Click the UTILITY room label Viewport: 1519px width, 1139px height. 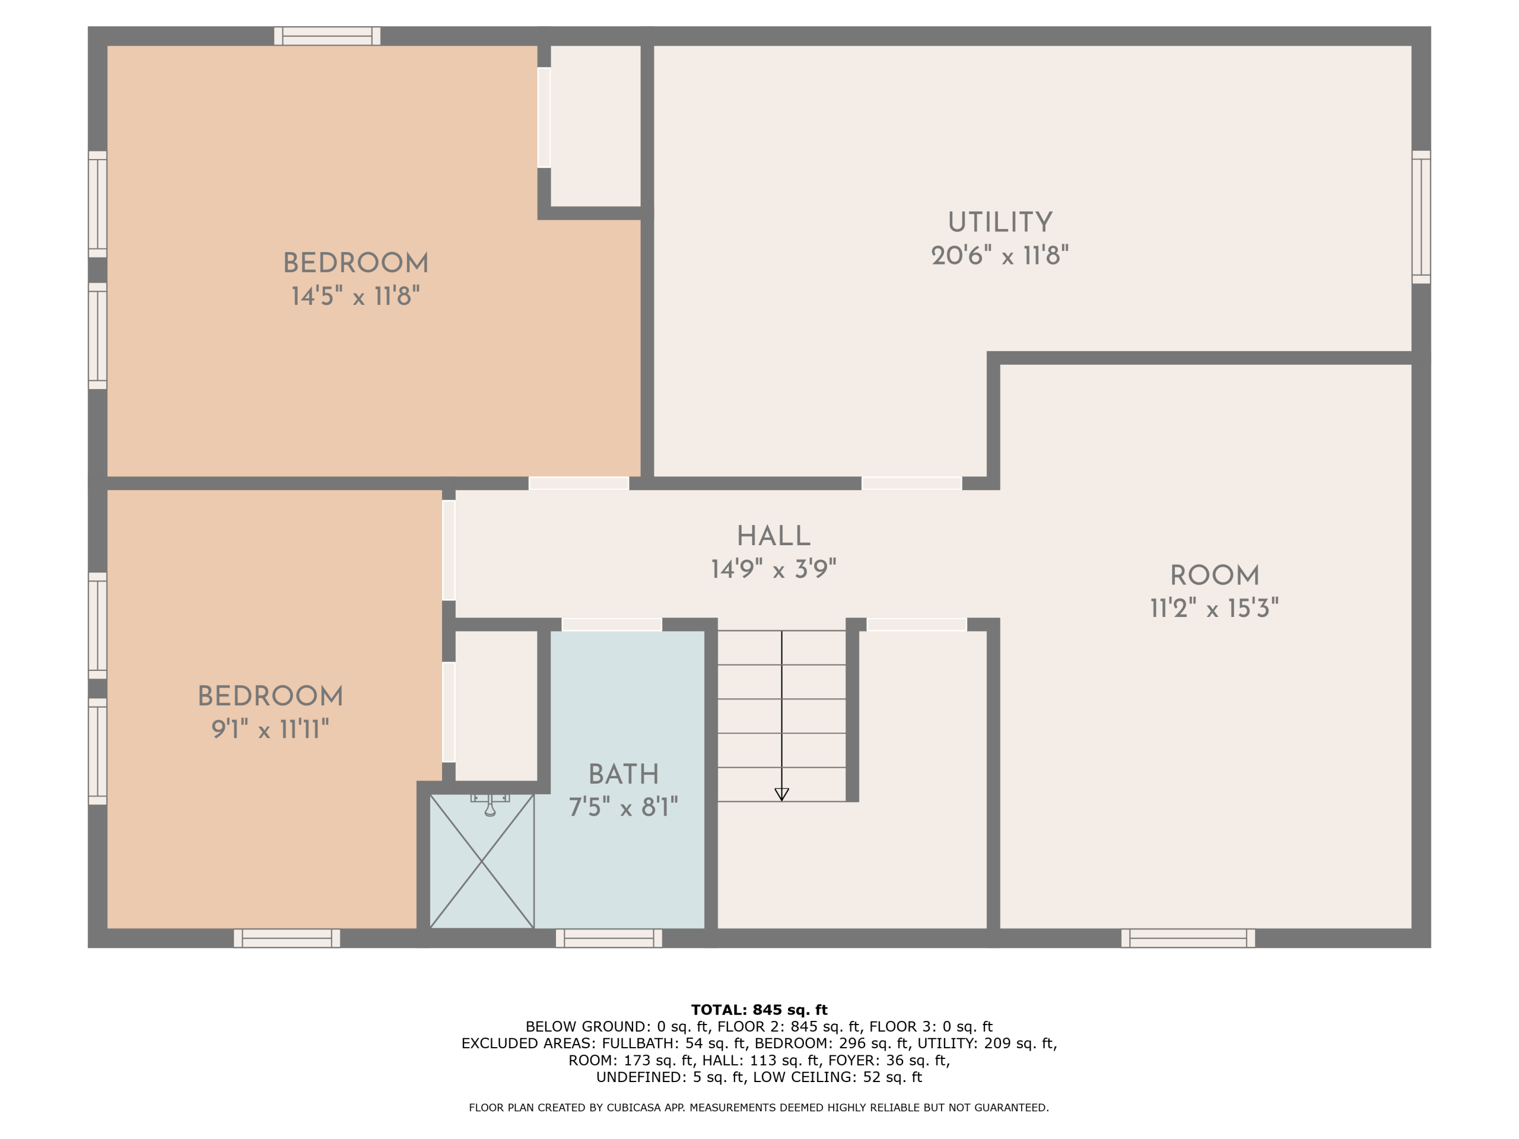coord(1000,222)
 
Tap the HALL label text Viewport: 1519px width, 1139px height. coord(773,536)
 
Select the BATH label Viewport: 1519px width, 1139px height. coord(624,774)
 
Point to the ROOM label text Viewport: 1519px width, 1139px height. coord(1214,575)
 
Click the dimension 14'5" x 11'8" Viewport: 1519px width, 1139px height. coord(355,296)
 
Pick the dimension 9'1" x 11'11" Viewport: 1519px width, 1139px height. coord(270,729)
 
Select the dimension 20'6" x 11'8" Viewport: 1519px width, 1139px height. coord(1000,256)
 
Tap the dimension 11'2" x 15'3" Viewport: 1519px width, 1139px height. coord(1214,608)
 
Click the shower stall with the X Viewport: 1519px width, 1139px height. coord(482,861)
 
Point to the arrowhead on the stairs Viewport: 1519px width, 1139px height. coord(781,794)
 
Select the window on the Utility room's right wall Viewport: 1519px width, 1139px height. coord(1421,217)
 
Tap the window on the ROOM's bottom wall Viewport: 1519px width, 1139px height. coord(1188,938)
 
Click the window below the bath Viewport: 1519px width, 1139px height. coord(608,938)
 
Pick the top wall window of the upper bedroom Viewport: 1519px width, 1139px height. coord(327,36)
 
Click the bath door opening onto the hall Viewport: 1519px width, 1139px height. coord(612,624)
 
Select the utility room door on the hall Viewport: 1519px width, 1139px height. coord(911,483)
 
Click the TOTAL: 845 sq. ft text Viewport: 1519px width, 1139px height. coord(759,1010)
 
